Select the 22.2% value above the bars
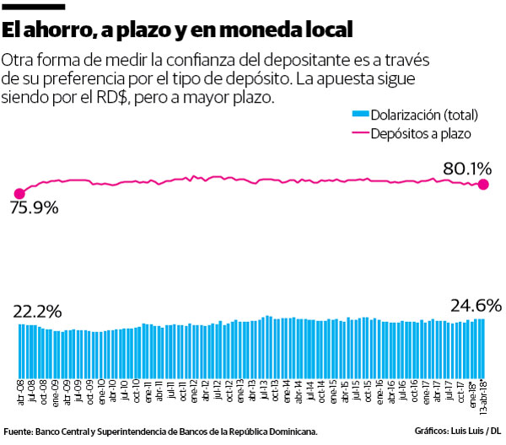pyautogui.click(x=38, y=311)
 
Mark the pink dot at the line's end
pyautogui.click(x=483, y=185)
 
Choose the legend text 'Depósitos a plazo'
pyautogui.click(x=421, y=133)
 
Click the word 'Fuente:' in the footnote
pyautogui.click(x=18, y=432)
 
